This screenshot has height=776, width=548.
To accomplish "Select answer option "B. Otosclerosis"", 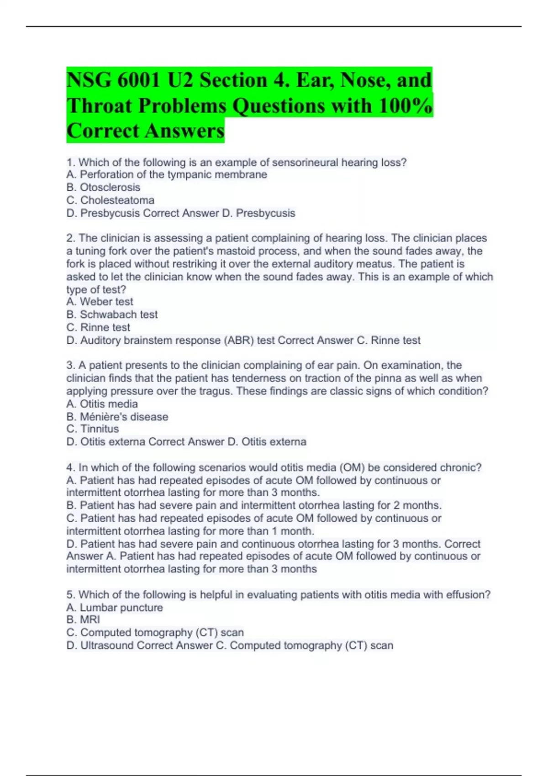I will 103,188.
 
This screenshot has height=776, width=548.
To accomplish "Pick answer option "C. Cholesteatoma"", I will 110,200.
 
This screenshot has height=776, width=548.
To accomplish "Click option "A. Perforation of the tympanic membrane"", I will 167,175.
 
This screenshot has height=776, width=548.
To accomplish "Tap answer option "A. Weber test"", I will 100,302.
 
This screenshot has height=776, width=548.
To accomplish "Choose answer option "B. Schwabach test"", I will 112,315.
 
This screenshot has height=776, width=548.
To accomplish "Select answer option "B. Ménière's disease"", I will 117,417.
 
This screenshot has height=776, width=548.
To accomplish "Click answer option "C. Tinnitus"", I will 92,429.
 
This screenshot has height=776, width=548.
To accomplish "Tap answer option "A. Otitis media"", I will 102,404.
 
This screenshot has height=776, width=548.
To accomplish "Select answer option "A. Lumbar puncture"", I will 114,608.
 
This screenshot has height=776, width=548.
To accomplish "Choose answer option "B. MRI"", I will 83,620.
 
